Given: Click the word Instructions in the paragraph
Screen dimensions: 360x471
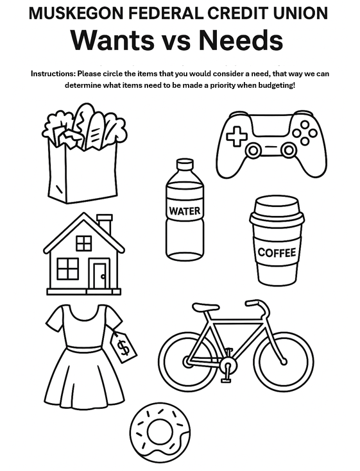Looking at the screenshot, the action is [53, 74].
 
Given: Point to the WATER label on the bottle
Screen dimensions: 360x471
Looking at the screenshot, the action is [185, 211].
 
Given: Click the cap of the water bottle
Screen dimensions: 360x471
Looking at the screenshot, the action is [185, 164].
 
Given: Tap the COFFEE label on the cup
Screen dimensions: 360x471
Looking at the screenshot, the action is [277, 252].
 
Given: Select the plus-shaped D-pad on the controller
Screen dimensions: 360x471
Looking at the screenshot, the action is [237, 136].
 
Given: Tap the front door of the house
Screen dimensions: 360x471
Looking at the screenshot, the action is [99, 276].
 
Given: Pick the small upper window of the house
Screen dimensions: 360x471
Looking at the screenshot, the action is [84, 244].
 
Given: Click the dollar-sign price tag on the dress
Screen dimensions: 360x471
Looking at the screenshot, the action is [124, 346].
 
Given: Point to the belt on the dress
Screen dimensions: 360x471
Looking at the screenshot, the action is [84, 349].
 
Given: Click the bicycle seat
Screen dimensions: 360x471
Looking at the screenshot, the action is [206, 308].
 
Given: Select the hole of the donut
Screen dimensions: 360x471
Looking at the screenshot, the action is [160, 432].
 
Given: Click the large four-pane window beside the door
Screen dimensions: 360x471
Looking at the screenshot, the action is [67, 269].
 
